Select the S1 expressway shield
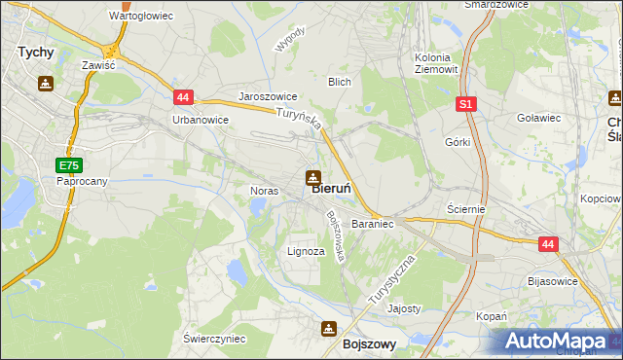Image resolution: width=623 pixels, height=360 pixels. [466, 104]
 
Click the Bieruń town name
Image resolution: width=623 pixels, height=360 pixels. [338, 190]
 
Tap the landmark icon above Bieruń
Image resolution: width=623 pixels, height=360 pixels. [312, 177]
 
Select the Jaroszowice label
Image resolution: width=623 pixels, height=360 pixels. [268, 98]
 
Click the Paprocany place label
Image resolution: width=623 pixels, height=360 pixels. [81, 182]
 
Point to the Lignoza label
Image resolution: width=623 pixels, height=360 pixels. [306, 251]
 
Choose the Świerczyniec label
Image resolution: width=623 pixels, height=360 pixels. [214, 338]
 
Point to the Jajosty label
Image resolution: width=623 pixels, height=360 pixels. [404, 308]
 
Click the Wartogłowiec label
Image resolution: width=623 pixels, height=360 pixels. [141, 17]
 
